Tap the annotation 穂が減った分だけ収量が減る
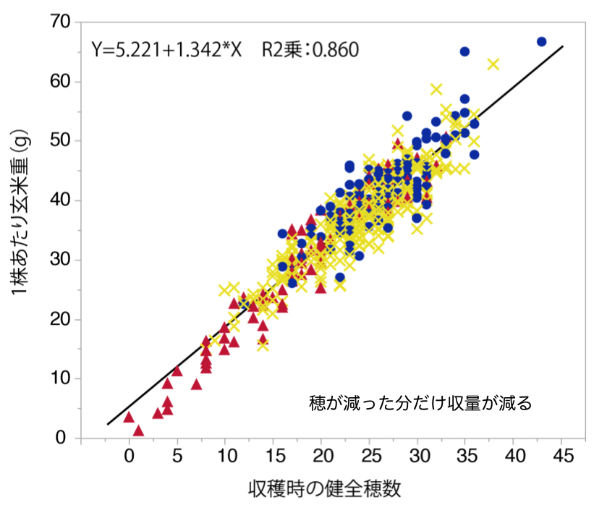(420, 403)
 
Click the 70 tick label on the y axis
(60, 22)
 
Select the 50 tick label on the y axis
(60, 141)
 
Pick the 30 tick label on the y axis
(60, 260)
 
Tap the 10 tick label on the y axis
(60, 378)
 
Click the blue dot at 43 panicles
(541, 41)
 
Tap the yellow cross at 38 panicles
(493, 64)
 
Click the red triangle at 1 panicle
(139, 430)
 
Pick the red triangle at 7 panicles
(196, 384)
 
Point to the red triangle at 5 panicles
(177, 371)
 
